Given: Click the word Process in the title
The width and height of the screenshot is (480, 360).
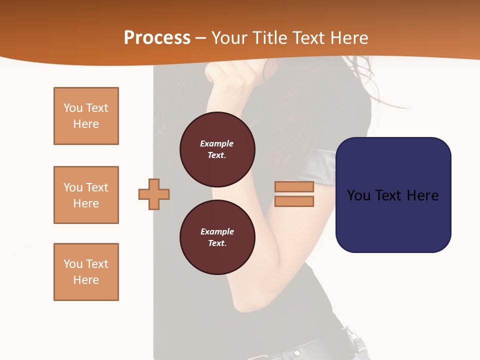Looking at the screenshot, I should point(157,38).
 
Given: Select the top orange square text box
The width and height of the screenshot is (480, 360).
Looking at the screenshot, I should point(86,116).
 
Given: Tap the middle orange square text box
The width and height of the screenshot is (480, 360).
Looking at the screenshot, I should point(86,195).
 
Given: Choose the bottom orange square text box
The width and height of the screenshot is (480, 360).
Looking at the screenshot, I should point(86,272).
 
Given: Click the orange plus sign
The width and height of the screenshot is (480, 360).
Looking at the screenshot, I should point(154,194).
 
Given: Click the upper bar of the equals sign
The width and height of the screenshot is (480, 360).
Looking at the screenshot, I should point(294,187).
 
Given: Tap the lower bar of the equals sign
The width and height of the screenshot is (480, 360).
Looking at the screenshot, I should point(294,201).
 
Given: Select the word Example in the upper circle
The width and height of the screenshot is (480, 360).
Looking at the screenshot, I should point(216,143).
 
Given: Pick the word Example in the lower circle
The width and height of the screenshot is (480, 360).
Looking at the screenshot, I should point(216,231).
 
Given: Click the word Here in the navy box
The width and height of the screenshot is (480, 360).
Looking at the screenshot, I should point(422,195).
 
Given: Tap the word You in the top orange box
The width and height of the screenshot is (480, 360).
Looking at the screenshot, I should point(72,108).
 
